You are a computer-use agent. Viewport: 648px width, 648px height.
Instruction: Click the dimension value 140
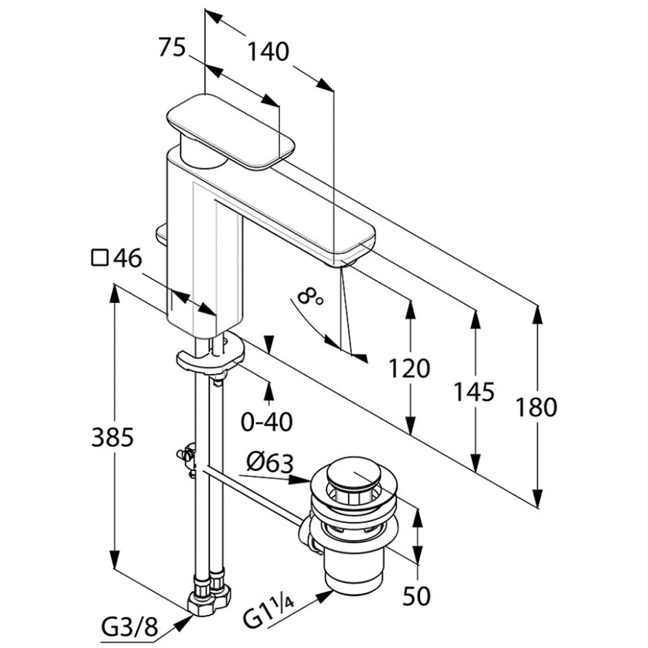click(268, 52)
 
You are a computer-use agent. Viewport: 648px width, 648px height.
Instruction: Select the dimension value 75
click(172, 47)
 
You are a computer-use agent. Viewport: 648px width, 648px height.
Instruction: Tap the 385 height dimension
click(112, 437)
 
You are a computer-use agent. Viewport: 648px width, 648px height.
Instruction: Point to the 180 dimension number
click(536, 407)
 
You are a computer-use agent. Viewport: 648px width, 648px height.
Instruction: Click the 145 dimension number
click(474, 392)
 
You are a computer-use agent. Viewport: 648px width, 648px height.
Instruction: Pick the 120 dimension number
click(409, 368)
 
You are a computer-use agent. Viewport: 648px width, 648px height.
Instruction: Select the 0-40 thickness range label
click(267, 422)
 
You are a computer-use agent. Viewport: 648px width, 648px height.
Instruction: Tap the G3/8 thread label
click(130, 628)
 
